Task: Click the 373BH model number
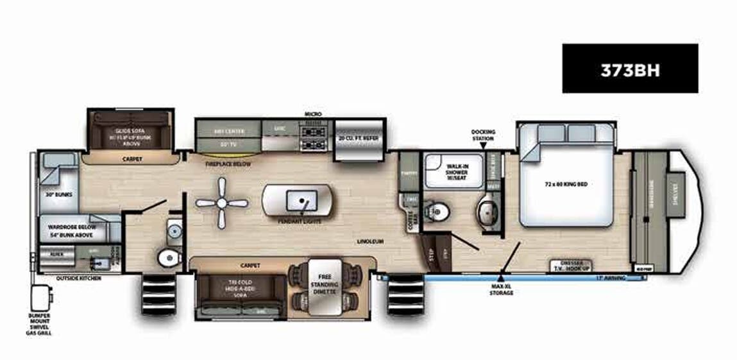click(630, 69)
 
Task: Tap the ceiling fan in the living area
click(221, 203)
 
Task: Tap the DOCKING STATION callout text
click(482, 135)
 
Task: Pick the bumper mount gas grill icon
click(41, 297)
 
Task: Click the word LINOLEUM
click(371, 241)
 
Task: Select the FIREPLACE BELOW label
click(228, 164)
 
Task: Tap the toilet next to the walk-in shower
click(439, 210)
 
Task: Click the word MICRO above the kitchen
click(312, 114)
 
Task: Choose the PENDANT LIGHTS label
click(299, 221)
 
